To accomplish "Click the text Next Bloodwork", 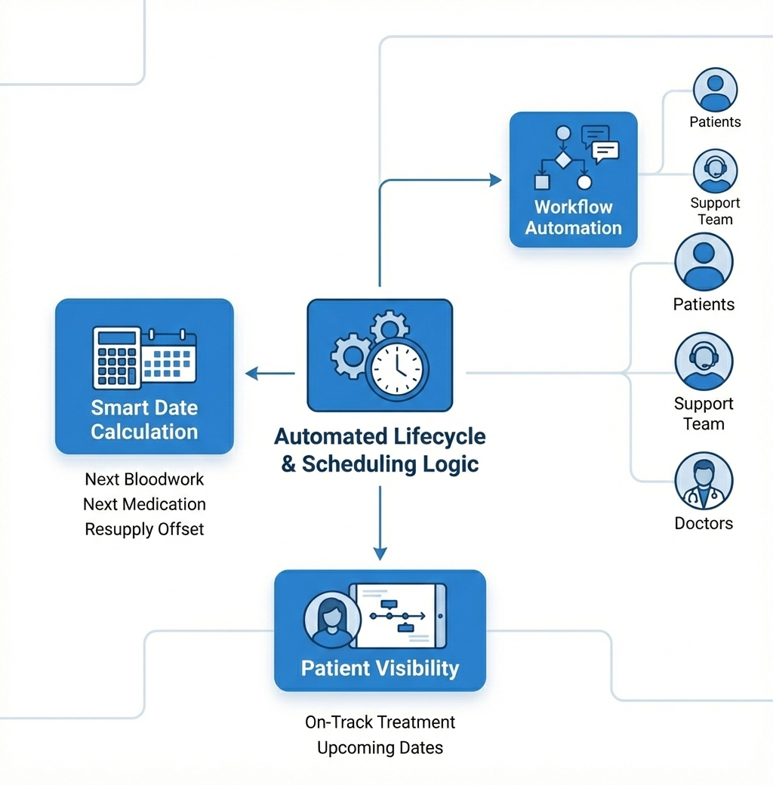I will (x=144, y=479).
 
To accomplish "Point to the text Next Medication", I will (x=144, y=504).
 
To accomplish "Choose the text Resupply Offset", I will (x=144, y=529).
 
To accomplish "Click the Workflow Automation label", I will (x=574, y=217).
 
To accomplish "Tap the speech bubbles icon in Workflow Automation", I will (x=600, y=143).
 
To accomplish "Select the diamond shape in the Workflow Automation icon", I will (x=562, y=159).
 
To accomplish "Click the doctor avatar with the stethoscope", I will (x=704, y=481).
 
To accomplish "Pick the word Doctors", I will (x=704, y=523).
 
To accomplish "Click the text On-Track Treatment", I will (x=380, y=722).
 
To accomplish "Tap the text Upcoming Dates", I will (x=380, y=748).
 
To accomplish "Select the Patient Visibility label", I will (x=380, y=668).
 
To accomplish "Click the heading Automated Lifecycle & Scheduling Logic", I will (x=380, y=450).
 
